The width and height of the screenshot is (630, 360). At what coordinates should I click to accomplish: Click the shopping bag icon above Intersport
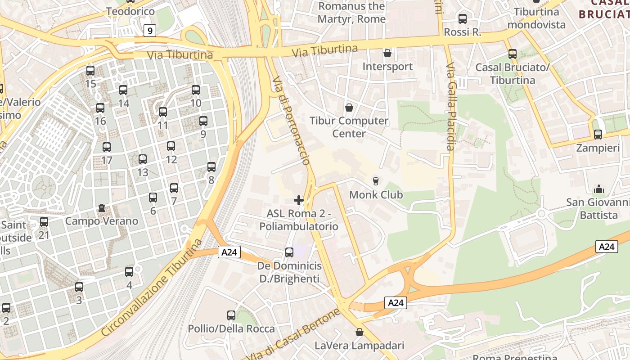[387, 53]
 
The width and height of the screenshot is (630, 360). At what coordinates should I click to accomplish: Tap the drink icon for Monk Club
[376, 181]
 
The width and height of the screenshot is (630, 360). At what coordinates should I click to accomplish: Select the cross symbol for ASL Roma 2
[298, 200]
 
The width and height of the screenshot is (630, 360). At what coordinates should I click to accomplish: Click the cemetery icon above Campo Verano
[102, 208]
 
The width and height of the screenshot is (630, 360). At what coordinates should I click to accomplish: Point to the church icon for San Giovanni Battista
[599, 189]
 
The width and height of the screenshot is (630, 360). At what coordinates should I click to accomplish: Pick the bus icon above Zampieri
[598, 134]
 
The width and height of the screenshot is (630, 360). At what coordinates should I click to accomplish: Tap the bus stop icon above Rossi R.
[462, 19]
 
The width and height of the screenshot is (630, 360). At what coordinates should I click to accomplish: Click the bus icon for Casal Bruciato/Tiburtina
[513, 54]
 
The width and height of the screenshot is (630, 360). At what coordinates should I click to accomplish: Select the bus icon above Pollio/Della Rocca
[231, 315]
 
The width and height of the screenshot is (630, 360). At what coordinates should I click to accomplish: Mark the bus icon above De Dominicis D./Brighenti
[289, 252]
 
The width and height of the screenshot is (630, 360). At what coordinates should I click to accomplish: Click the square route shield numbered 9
[150, 31]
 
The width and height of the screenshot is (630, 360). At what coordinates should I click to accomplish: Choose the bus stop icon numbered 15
[90, 71]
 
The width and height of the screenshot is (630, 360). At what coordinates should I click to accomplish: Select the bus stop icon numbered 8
[211, 167]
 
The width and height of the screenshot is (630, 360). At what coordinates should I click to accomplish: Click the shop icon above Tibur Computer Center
[349, 108]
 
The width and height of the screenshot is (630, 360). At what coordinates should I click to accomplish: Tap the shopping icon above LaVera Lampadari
[359, 333]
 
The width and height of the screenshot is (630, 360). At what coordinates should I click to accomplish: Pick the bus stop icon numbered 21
[44, 221]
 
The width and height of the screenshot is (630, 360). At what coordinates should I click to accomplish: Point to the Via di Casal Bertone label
[292, 335]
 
